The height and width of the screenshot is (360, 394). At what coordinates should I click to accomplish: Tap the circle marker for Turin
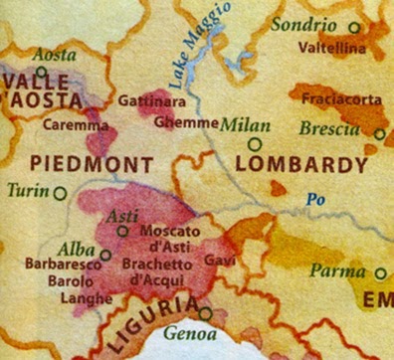click(61, 194)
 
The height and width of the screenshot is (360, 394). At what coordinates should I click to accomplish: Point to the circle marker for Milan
click(255, 144)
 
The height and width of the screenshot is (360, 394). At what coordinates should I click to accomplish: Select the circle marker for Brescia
click(379, 132)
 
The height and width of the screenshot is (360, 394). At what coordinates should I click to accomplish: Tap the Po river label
click(315, 200)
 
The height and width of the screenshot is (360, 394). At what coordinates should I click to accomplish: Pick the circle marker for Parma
click(380, 272)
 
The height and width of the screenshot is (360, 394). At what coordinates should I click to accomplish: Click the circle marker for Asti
click(122, 230)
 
